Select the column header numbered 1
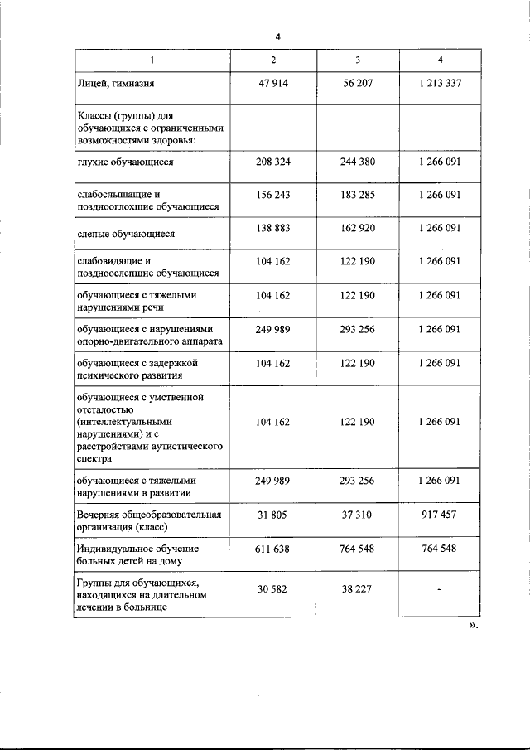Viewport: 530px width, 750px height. [x=152, y=61]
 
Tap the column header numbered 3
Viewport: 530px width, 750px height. [x=357, y=61]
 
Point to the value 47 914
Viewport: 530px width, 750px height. [x=272, y=84]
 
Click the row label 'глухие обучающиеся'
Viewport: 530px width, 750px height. [x=124, y=162]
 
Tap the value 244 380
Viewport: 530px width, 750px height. [x=357, y=162]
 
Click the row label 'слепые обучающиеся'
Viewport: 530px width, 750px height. [x=125, y=234]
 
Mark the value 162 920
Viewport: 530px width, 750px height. [x=357, y=228]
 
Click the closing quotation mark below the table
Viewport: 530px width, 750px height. [x=473, y=626]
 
